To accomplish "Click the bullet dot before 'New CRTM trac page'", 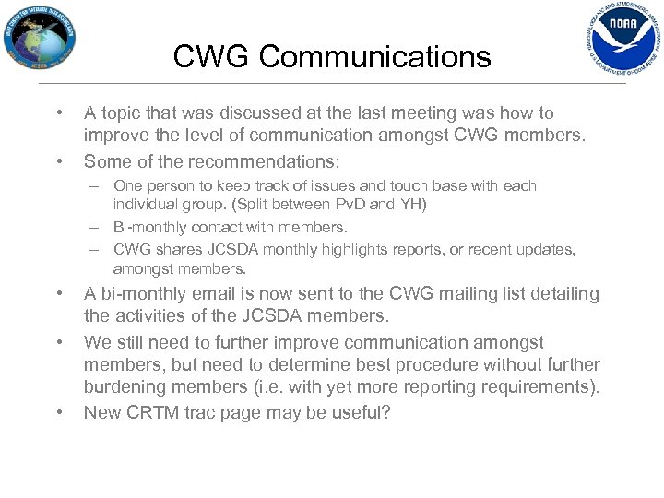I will point(60,411).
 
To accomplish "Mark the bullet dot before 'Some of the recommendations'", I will point(60,160).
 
